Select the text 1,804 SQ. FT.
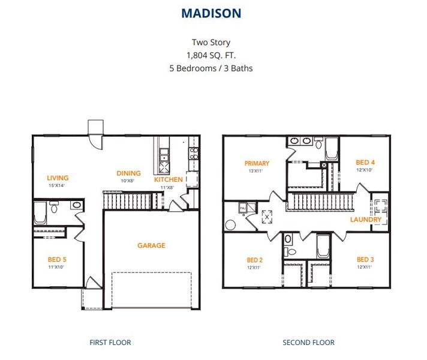tap(211, 55)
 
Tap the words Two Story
tap(211, 43)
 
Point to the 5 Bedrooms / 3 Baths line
tap(211, 68)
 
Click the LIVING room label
tap(58, 178)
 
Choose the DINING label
tap(128, 173)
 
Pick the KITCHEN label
tap(169, 179)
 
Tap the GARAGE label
tap(151, 245)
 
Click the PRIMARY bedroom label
tap(257, 163)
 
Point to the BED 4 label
tap(365, 162)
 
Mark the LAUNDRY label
tap(366, 220)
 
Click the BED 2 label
tap(255, 260)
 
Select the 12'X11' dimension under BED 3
tap(365, 267)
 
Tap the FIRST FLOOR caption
tap(110, 343)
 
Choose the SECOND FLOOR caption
tap(308, 343)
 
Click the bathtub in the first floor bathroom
tap(40, 212)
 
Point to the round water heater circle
tap(230, 226)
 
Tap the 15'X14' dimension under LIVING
tap(58, 185)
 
